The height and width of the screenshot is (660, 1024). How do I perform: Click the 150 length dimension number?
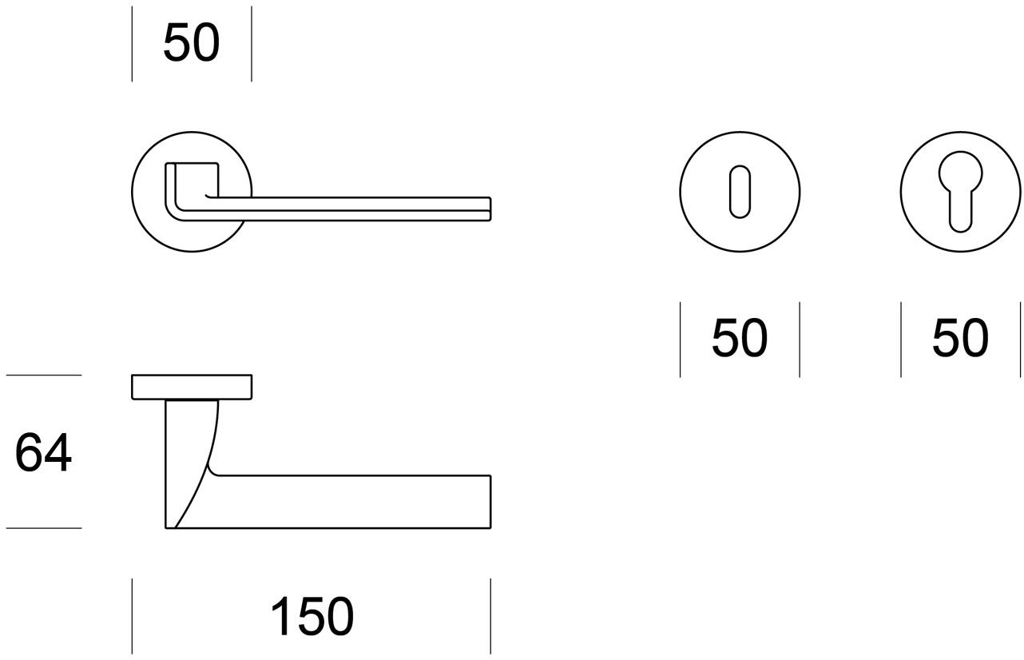coord(312,616)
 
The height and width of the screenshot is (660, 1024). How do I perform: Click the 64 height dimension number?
coord(43,452)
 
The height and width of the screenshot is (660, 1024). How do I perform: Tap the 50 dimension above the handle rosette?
coord(192,42)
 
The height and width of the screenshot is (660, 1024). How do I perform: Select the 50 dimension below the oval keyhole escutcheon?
coord(740,338)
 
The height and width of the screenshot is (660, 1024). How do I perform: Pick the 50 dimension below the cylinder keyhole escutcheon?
coord(960,338)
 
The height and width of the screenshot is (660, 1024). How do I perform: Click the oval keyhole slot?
coord(740,192)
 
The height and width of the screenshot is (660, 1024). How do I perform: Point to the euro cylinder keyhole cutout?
coord(960,192)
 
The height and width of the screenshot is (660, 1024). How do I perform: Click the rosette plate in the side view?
coord(192,387)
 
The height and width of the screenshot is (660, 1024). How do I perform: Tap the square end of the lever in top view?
coord(490,209)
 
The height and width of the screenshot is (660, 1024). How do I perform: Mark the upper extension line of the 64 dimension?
coord(44,376)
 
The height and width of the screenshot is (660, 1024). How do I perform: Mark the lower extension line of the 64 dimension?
coord(44,528)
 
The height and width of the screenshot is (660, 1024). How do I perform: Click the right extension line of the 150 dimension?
coord(490,616)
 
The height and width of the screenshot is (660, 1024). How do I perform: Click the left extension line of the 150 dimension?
coord(132,616)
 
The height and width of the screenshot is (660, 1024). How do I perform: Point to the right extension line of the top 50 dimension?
coord(252,44)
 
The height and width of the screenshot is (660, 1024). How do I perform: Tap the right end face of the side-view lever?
coord(490,503)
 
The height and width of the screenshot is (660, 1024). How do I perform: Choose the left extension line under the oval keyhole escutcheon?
coord(681,340)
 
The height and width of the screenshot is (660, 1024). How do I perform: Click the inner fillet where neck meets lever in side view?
coord(212,471)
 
